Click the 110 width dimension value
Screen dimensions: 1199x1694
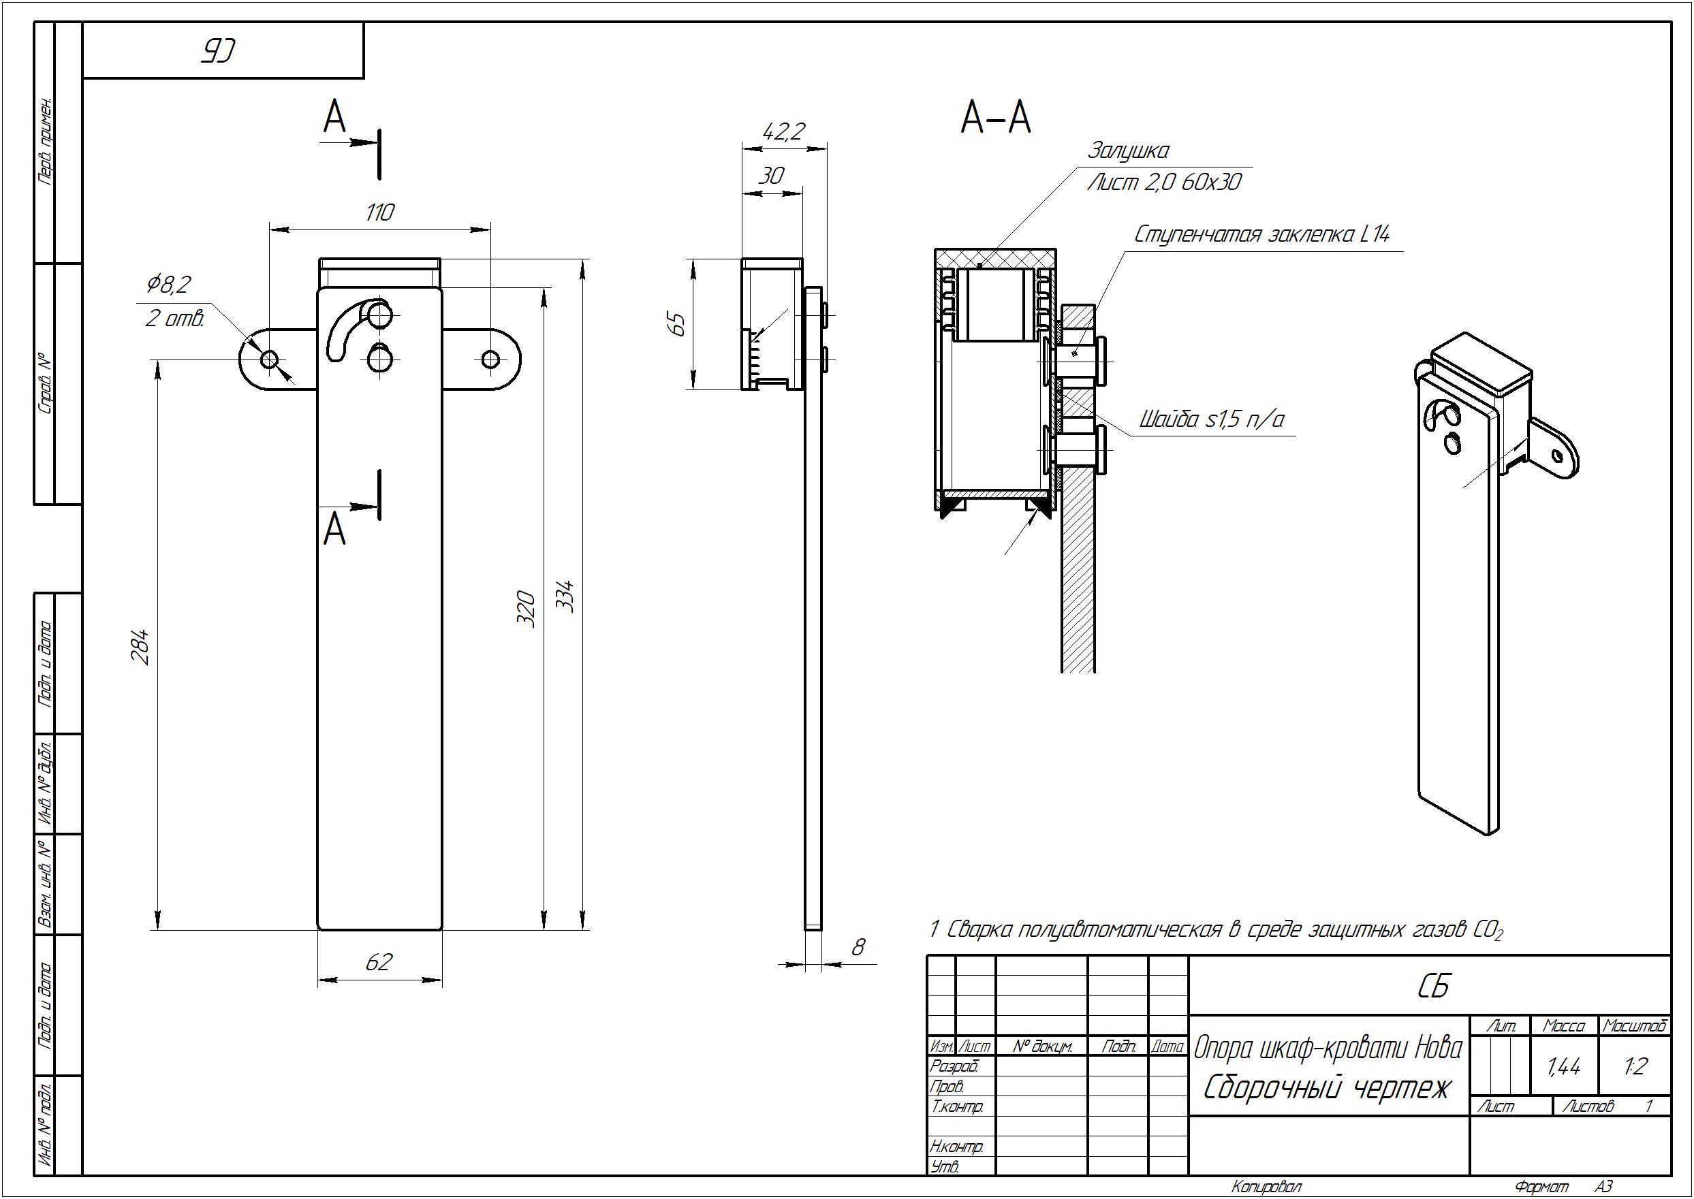click(379, 212)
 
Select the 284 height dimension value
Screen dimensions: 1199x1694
click(141, 647)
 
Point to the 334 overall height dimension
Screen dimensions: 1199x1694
click(564, 596)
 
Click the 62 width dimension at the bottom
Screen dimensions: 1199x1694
click(379, 961)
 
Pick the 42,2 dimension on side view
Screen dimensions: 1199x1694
click(783, 132)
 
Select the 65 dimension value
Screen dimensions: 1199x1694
click(676, 324)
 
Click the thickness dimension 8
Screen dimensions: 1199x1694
click(858, 947)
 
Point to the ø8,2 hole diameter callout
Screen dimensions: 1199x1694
click(170, 283)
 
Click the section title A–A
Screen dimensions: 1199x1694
click(995, 118)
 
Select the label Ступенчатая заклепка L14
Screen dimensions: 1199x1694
click(1262, 235)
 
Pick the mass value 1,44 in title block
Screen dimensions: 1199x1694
click(1563, 1067)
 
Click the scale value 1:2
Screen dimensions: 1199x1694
click(1634, 1067)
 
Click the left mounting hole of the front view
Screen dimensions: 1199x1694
click(270, 360)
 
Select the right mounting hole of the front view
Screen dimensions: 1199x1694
click(490, 359)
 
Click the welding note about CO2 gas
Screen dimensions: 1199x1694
click(1215, 929)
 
